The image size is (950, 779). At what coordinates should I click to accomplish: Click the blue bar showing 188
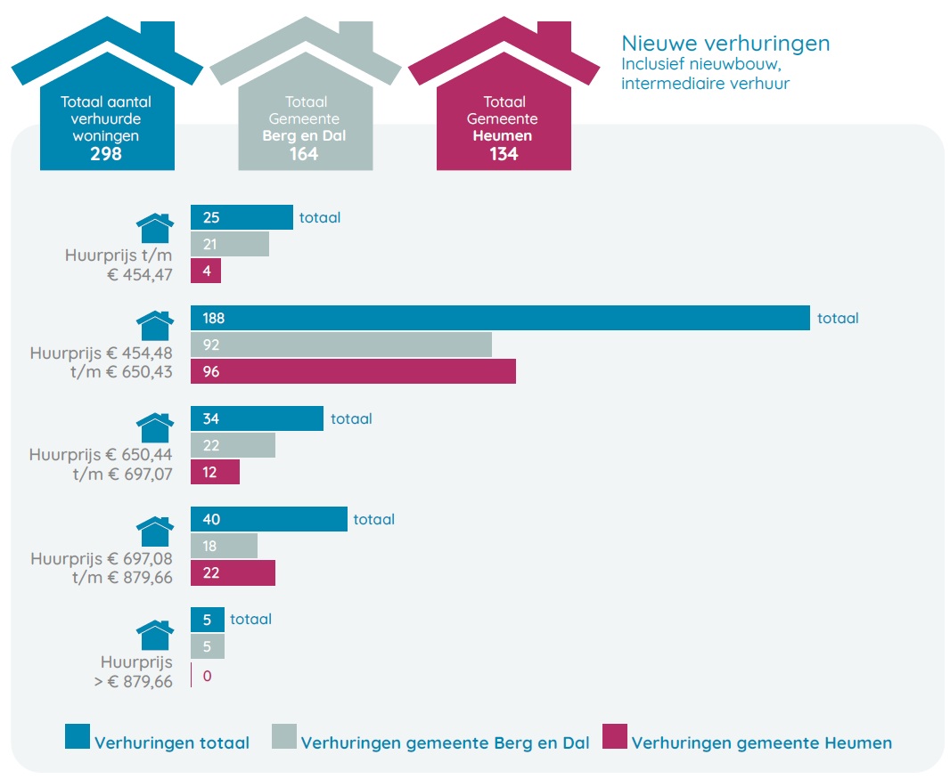(x=500, y=318)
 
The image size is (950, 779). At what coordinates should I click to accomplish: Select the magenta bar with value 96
(x=353, y=372)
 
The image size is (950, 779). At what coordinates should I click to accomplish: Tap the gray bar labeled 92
(x=341, y=345)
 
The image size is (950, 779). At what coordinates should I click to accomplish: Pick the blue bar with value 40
(x=269, y=519)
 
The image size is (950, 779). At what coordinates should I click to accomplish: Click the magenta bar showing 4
(x=206, y=272)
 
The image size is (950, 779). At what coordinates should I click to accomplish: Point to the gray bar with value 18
(x=224, y=546)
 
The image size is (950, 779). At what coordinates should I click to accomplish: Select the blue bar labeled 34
(x=257, y=418)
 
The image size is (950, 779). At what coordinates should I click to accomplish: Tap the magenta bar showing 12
(x=215, y=473)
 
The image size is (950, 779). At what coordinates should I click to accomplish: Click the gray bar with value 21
(x=230, y=245)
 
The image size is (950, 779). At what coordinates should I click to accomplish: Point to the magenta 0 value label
(x=208, y=676)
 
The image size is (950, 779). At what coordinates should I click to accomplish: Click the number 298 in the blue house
(x=106, y=154)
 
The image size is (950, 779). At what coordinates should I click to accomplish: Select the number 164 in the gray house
(x=304, y=154)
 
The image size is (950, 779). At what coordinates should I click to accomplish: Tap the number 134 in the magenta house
(x=504, y=154)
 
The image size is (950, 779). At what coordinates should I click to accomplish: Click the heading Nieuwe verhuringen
(x=725, y=43)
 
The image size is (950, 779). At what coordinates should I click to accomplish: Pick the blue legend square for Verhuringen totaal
(x=78, y=736)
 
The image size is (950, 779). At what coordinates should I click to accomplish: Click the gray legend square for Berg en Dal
(x=284, y=736)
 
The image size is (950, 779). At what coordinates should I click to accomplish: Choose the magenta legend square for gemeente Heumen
(x=615, y=736)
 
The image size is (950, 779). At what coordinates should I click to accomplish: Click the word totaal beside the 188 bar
(x=838, y=318)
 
